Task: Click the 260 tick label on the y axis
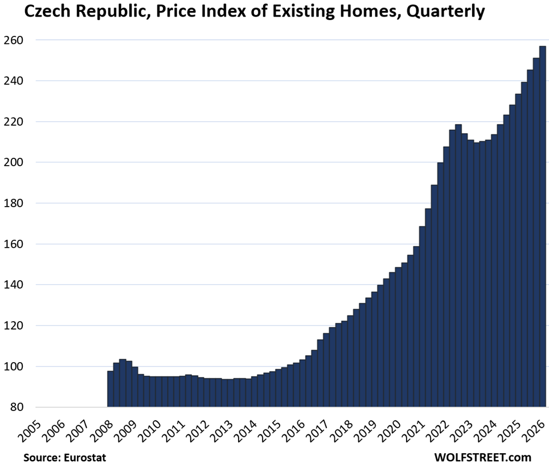pos(13,40)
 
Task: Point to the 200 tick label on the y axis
pos(13,162)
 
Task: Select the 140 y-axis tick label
pos(13,285)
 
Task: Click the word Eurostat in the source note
pos(85,457)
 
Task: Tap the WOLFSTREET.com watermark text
pos(483,457)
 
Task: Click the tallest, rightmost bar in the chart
pos(542,227)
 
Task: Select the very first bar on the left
pos(110,389)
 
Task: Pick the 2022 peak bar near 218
pos(458,266)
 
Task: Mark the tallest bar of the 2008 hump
pos(122,383)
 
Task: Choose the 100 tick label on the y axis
pos(13,367)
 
